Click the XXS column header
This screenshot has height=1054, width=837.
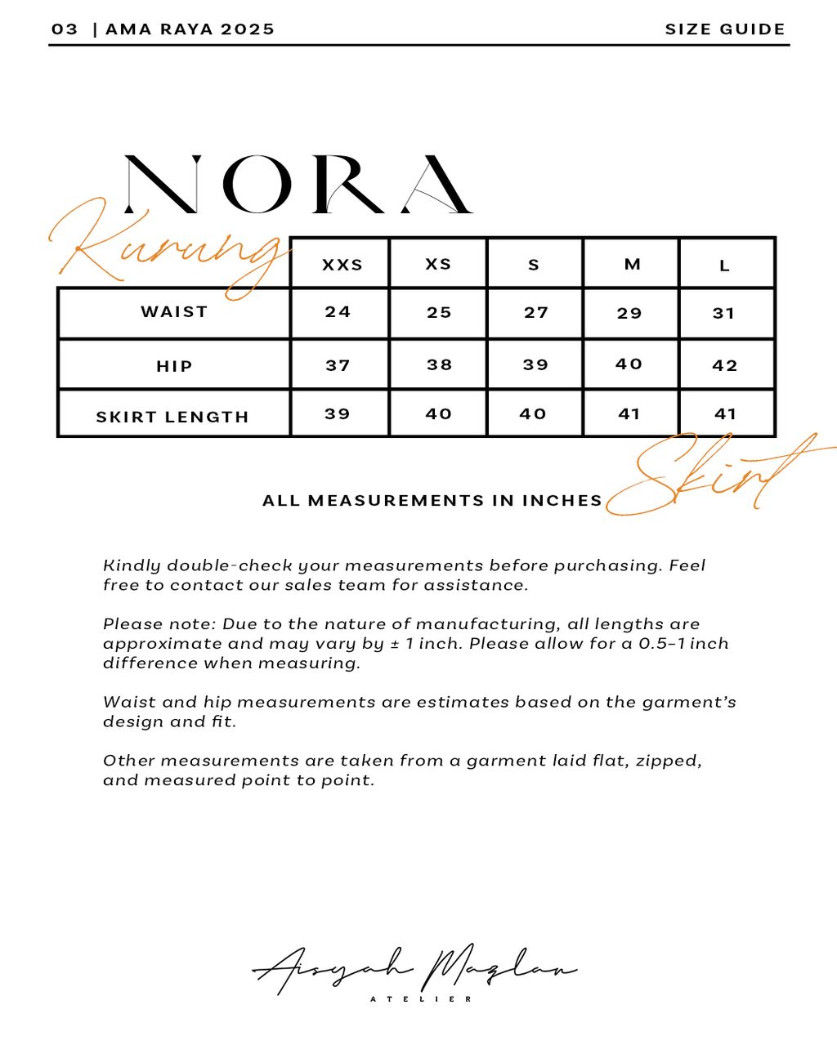(x=342, y=265)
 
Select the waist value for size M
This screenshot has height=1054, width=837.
(x=629, y=313)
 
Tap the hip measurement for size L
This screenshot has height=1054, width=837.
(x=725, y=365)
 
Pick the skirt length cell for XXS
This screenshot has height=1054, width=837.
(x=338, y=414)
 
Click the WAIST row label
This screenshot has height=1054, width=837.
(x=174, y=311)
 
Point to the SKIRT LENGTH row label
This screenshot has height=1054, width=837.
(x=172, y=417)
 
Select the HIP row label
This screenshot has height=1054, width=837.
(x=174, y=366)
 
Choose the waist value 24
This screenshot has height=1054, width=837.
(x=338, y=312)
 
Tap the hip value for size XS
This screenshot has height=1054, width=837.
(x=439, y=364)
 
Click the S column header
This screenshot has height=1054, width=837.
(x=534, y=265)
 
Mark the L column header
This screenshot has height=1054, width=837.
(x=724, y=266)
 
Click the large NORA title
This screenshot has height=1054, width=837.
(x=298, y=185)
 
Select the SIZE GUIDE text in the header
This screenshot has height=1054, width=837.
(x=725, y=29)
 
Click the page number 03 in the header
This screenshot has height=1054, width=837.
(x=65, y=29)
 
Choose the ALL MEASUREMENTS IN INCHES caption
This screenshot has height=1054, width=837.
(x=432, y=501)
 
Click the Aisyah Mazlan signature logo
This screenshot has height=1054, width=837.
(x=414, y=968)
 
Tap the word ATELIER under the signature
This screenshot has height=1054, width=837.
(x=421, y=999)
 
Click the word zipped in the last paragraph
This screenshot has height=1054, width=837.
(x=662, y=761)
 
